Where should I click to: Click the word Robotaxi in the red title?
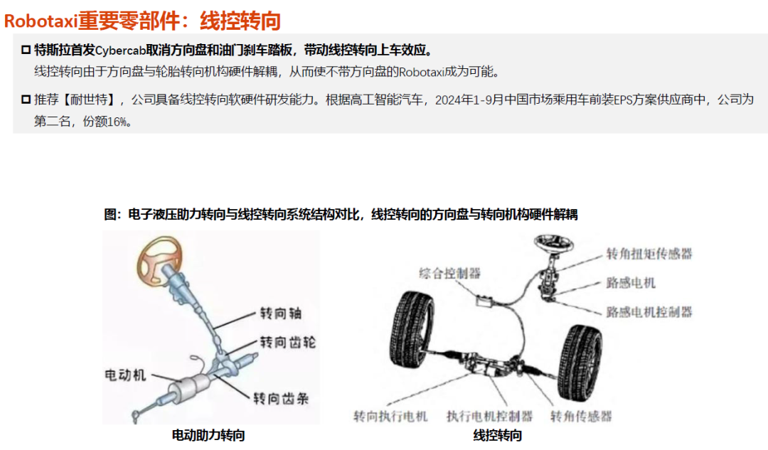tap(41, 21)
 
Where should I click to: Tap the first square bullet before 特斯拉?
tap(26, 50)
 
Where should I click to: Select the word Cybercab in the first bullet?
tap(120, 50)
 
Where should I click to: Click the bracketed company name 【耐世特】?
tap(88, 100)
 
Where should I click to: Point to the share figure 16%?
tap(117, 122)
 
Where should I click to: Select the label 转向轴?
tap(280, 313)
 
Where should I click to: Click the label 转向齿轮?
tap(287, 342)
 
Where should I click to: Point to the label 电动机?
tap(125, 375)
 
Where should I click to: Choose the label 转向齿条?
tap(281, 399)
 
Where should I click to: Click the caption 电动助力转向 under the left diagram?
tap(208, 435)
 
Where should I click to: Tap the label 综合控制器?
tap(449, 273)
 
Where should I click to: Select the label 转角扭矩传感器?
tap(649, 254)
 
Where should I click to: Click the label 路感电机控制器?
tap(649, 312)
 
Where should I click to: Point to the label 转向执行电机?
tap(390, 416)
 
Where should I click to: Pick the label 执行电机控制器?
tap(489, 416)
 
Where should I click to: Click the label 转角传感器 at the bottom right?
tap(581, 416)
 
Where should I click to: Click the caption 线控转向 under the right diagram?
tap(497, 435)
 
